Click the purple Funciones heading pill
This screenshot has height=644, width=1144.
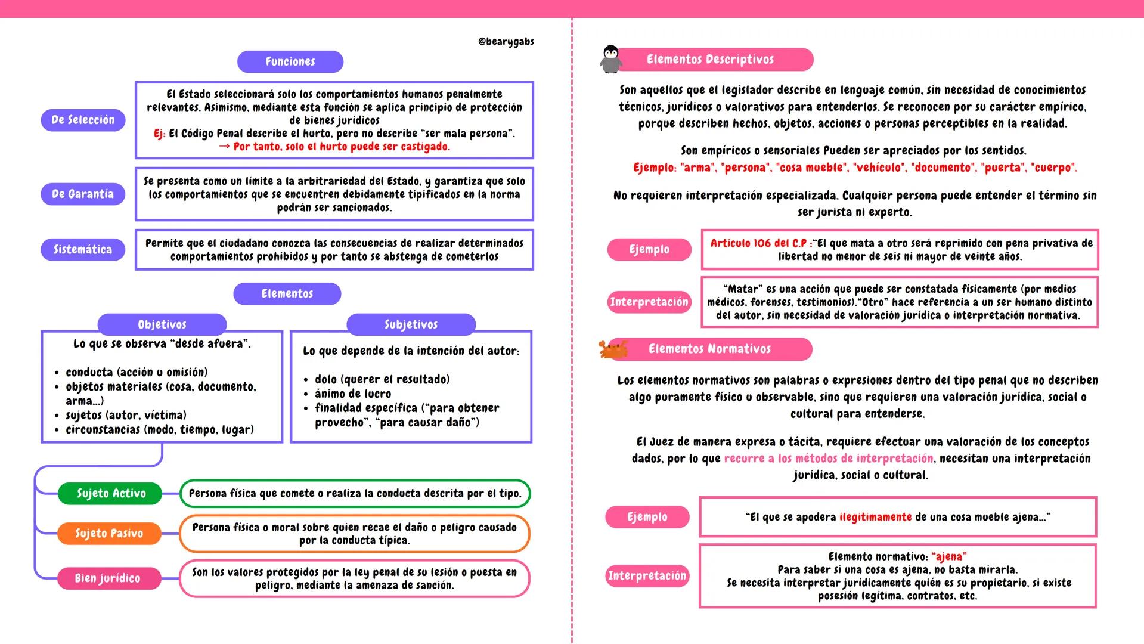[x=290, y=61]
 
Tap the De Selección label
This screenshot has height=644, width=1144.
[x=83, y=120]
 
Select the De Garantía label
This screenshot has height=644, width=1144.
[x=83, y=194]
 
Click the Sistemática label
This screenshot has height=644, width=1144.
[x=83, y=249]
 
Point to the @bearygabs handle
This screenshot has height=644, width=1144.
[x=506, y=42]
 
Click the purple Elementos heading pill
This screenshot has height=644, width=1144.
[x=287, y=293]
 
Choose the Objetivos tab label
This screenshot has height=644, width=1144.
[x=162, y=324]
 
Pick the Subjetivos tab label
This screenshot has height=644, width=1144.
[x=411, y=324]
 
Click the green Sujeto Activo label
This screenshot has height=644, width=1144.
[x=111, y=493]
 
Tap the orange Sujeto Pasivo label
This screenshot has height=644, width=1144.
[x=109, y=533]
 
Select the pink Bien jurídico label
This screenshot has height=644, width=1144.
[x=108, y=578]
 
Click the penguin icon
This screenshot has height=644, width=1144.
[x=610, y=59]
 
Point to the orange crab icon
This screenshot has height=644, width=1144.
[x=613, y=349]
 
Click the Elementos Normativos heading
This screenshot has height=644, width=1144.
[x=709, y=349]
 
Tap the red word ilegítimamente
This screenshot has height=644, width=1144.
[x=875, y=517]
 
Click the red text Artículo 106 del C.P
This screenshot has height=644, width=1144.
[x=758, y=243]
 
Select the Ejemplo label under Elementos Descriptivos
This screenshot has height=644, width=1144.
[x=649, y=249]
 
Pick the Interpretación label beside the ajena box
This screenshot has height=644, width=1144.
[x=647, y=575]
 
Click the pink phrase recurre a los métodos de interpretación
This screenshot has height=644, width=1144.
[x=829, y=459]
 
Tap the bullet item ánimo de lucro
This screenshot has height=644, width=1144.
[x=353, y=394]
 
